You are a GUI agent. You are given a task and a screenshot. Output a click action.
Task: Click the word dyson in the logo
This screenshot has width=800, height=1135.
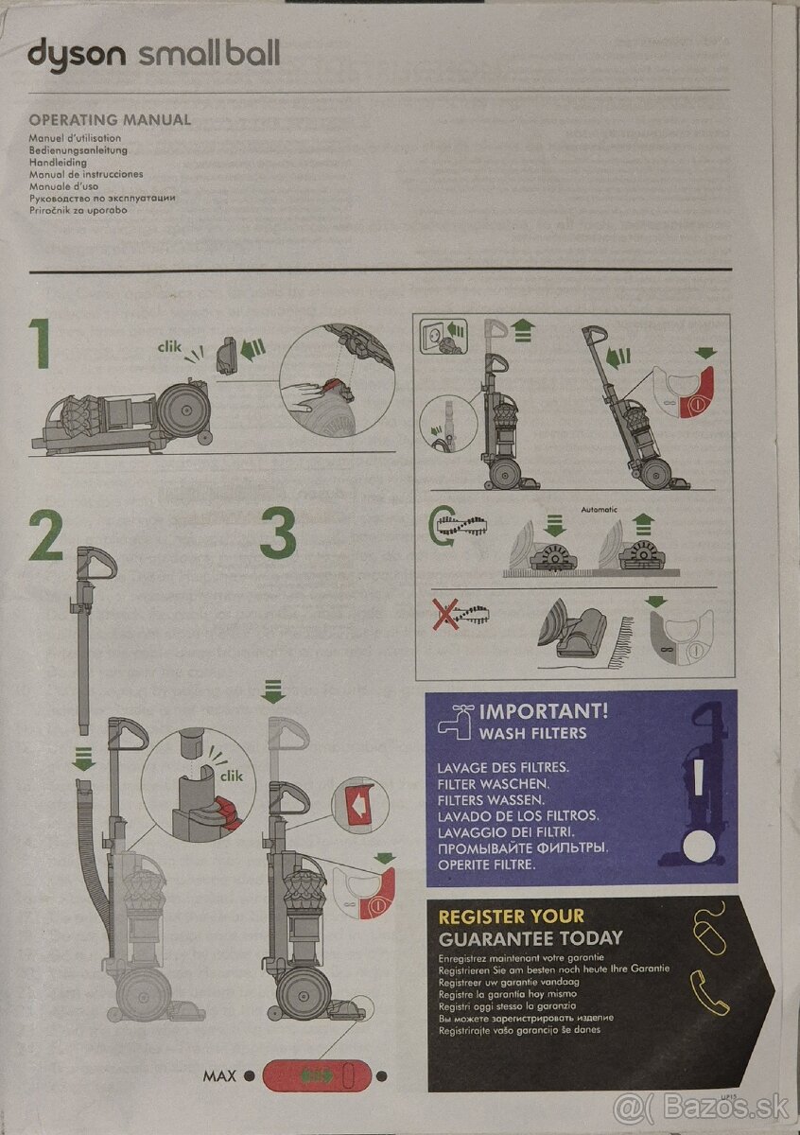76,54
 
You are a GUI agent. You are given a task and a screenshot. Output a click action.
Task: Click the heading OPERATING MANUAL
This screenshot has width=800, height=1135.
110,120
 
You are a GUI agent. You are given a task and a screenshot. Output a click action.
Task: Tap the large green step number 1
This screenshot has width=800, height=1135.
39,344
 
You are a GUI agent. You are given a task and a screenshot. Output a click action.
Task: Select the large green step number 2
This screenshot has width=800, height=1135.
45,536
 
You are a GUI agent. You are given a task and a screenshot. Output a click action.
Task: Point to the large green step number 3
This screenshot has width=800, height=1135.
277,535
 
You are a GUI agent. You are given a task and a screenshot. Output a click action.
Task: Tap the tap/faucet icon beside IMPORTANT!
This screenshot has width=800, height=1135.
459,719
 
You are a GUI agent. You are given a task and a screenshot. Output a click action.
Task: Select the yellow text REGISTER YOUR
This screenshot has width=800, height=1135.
511,916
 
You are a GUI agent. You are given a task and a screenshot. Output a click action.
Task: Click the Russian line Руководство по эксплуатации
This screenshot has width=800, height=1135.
102,198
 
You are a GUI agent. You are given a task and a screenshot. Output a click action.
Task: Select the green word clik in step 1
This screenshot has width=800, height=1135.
168,347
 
